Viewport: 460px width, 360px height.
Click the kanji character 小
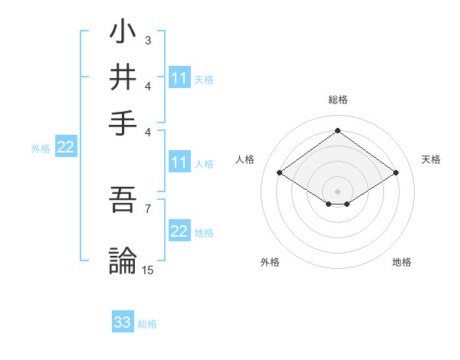(x=123, y=34)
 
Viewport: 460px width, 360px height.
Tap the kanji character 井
(x=123, y=77)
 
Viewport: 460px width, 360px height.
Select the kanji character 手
(x=123, y=121)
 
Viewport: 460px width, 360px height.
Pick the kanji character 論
(x=123, y=260)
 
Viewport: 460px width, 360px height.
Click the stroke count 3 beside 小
(x=148, y=40)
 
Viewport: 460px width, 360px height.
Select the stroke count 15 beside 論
(x=148, y=270)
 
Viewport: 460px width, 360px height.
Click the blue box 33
(x=123, y=322)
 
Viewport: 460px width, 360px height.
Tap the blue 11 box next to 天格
(x=179, y=78)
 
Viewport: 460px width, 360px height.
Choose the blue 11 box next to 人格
(x=179, y=162)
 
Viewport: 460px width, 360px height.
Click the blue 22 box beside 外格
(x=66, y=148)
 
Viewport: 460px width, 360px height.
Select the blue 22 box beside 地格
(x=179, y=232)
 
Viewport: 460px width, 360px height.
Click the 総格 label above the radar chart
(x=337, y=100)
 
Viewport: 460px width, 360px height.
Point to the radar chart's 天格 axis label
(x=431, y=159)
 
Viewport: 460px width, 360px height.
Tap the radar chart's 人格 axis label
(x=245, y=159)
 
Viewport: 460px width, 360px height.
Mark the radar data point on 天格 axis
(x=396, y=173)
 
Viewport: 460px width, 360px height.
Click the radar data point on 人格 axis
(x=279, y=173)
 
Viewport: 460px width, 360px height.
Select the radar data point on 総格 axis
(x=337, y=130)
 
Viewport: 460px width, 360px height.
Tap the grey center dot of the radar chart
(x=337, y=190)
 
